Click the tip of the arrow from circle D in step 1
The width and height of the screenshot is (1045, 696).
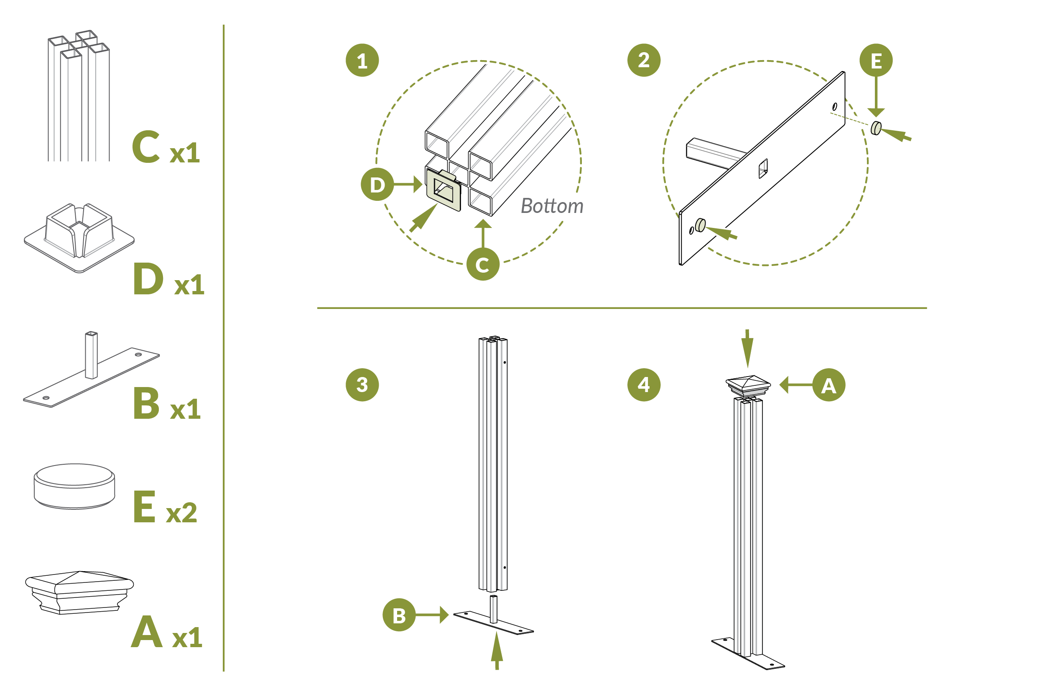(423, 184)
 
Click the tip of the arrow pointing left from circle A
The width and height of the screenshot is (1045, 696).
(780, 385)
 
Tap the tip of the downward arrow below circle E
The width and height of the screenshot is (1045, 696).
(876, 117)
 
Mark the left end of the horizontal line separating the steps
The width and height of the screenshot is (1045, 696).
(317, 308)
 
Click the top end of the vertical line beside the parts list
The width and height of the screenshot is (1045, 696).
(224, 25)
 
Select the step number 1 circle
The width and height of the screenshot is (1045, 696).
(362, 61)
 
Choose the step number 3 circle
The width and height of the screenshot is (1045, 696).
(362, 385)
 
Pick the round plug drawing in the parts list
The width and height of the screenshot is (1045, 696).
(75, 486)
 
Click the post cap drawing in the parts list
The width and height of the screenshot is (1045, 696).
(79, 592)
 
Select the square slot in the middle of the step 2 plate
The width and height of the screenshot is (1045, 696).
(763, 169)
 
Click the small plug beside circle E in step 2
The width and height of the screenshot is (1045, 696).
(876, 128)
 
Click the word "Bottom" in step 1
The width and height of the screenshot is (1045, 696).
(552, 206)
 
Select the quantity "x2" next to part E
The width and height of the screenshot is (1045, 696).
(181, 513)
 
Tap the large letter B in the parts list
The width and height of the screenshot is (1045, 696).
(146, 403)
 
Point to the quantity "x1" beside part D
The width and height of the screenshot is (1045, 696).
(189, 285)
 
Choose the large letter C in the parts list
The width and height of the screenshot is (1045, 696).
(146, 147)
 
